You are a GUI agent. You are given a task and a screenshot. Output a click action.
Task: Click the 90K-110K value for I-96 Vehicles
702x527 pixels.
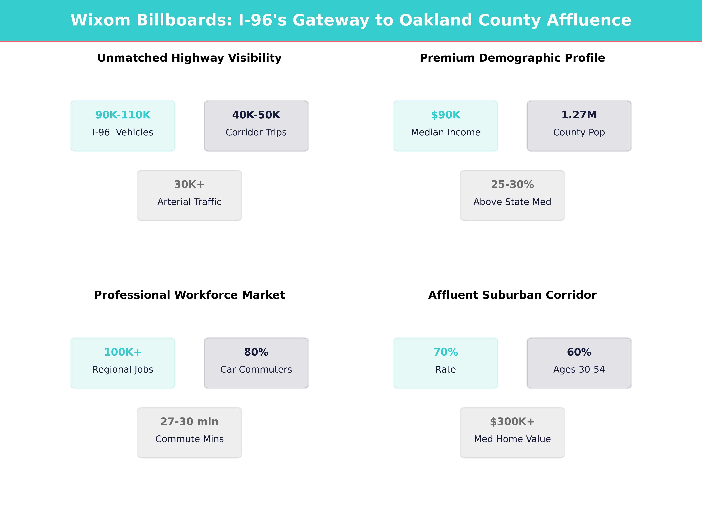123,115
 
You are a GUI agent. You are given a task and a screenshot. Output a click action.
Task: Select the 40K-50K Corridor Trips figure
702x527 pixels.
256,115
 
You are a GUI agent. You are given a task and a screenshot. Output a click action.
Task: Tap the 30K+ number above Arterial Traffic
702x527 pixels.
189,185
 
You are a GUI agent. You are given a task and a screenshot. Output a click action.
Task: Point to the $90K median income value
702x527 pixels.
446,115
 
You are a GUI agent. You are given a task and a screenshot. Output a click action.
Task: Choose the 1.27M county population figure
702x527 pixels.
579,115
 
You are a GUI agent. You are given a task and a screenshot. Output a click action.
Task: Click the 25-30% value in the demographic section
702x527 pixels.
512,185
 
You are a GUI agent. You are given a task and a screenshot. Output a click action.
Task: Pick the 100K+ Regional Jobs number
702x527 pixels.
123,352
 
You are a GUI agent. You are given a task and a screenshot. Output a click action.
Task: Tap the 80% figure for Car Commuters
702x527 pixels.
256,352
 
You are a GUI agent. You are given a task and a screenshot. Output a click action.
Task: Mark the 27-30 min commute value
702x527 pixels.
189,422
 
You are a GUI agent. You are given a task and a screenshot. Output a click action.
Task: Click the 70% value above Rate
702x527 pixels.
446,352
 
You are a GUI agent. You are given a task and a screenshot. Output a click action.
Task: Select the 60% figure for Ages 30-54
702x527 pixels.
579,352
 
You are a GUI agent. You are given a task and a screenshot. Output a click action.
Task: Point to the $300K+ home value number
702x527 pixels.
512,422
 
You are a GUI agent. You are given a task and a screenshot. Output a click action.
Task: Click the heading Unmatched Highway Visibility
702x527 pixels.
189,58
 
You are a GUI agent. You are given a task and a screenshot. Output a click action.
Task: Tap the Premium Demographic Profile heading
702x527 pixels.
512,58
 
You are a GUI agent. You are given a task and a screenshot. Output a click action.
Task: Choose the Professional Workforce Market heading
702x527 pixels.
189,295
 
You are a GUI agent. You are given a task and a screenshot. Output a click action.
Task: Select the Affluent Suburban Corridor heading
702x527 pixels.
512,295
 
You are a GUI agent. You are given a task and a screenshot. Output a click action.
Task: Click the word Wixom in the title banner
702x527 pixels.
100,20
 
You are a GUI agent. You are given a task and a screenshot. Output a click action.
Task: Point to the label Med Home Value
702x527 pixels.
512,439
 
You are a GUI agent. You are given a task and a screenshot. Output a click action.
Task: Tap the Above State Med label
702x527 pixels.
512,202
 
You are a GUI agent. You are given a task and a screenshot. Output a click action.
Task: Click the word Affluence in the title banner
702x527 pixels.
589,20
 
